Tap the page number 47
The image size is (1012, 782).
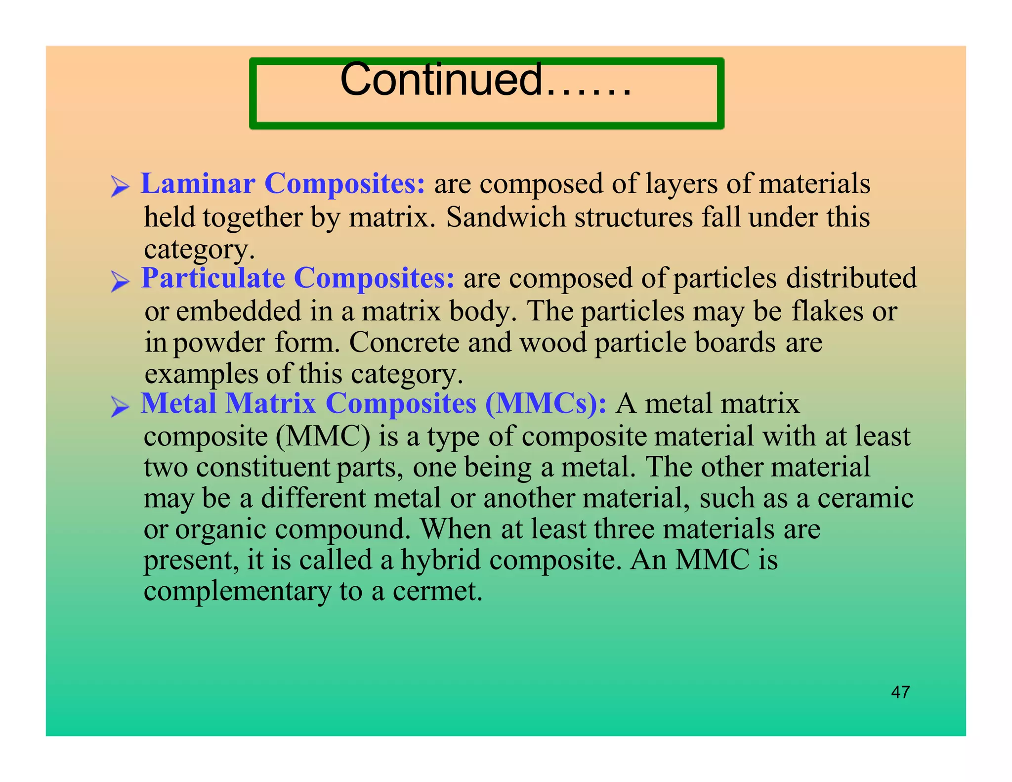900,692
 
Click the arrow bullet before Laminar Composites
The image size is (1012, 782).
120,186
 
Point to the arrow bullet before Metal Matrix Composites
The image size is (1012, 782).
120,406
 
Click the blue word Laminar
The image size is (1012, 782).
198,184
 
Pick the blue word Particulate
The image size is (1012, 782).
213,278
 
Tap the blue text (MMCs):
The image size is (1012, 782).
546,403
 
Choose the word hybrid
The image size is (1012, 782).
440,560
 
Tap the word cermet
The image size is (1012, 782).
437,591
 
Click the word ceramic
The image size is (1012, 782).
865,498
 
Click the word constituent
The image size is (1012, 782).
262,467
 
